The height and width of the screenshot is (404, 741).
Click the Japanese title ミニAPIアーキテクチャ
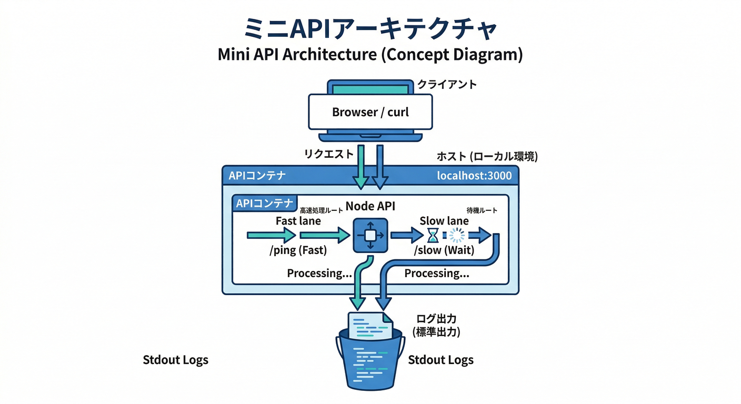(x=370, y=30)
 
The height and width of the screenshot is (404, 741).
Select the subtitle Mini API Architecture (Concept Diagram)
(x=370, y=55)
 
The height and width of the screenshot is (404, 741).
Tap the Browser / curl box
(x=370, y=112)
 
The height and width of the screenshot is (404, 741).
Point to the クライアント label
(x=447, y=84)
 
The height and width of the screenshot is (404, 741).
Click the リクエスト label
(x=329, y=154)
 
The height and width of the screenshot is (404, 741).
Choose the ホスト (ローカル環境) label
(x=487, y=156)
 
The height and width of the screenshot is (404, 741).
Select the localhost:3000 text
(x=474, y=176)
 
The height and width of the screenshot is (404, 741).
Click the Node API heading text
(x=370, y=206)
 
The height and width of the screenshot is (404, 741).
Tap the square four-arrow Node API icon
(x=370, y=235)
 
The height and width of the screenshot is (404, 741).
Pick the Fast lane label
(x=298, y=221)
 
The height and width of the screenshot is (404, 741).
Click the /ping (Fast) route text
(x=298, y=250)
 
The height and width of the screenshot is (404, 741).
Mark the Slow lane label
(x=444, y=221)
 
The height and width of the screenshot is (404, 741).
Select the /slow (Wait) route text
(x=444, y=250)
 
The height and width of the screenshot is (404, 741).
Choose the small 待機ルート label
(x=482, y=210)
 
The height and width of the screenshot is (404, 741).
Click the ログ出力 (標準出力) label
(x=436, y=325)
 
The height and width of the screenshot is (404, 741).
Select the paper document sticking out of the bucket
(x=370, y=325)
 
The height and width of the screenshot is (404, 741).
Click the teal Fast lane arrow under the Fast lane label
(x=271, y=236)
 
